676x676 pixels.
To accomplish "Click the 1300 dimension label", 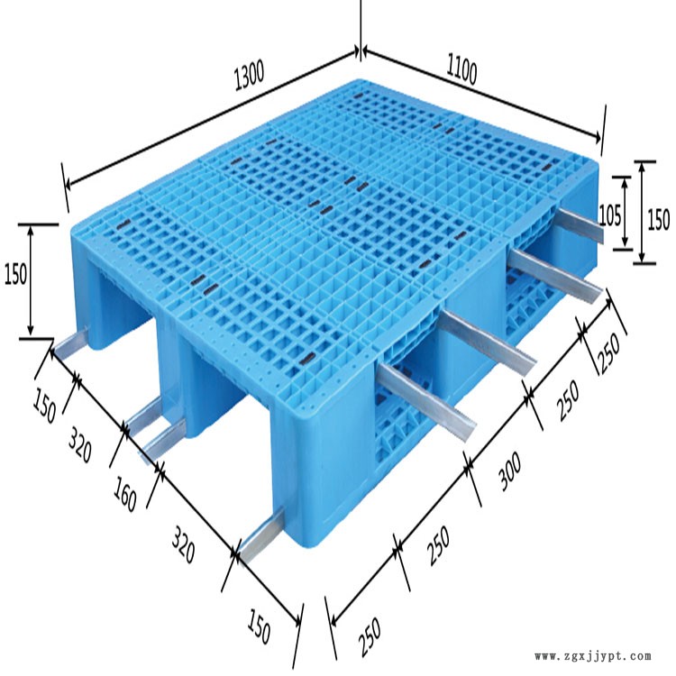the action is [x=249, y=75].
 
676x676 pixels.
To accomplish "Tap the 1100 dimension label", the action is [x=461, y=69].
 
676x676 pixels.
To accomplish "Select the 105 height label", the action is [x=610, y=215].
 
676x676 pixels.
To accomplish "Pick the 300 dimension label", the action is [x=510, y=471].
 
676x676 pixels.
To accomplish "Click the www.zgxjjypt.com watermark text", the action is [x=593, y=656].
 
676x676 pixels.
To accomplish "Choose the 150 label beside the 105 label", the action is [x=658, y=219].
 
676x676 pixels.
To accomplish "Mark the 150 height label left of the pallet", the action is [x=15, y=273].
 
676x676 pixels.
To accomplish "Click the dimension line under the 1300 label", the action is [x=211, y=119].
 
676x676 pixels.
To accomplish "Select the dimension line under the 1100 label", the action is [x=481, y=94].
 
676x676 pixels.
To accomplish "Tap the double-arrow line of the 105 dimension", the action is [x=625, y=213].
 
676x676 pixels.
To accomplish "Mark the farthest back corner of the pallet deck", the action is [x=359, y=79].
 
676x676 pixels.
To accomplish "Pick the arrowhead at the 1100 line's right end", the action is [x=597, y=138].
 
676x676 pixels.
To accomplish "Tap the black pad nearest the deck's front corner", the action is [x=308, y=357].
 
